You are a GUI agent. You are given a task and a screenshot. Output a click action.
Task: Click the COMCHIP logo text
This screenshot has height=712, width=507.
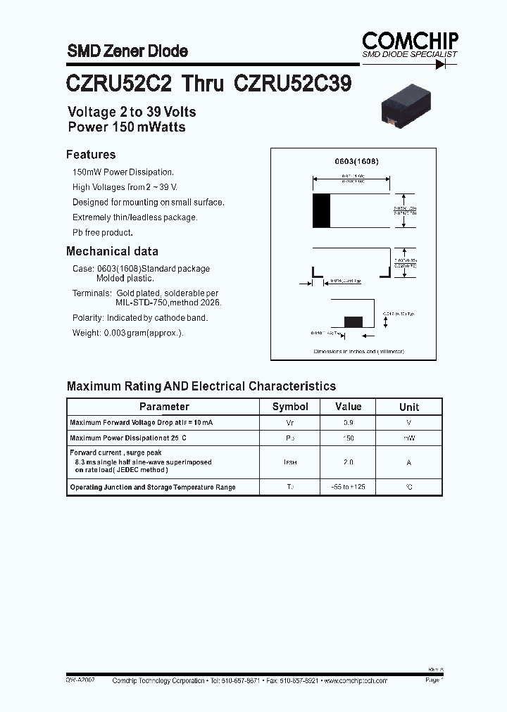coord(411,41)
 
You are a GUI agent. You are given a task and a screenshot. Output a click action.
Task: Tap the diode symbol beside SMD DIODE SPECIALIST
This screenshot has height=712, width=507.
coord(441,63)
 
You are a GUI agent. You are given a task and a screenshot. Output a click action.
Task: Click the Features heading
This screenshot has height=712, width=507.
coord(91,155)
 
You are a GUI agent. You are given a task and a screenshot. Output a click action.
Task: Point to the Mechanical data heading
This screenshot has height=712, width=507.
coord(112,251)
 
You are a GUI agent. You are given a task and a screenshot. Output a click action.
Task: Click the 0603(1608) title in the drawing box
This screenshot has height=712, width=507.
coord(356,161)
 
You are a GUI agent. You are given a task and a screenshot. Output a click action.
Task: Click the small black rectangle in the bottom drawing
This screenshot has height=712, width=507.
coord(353,322)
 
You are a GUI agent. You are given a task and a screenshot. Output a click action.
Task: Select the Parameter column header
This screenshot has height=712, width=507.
coord(164,407)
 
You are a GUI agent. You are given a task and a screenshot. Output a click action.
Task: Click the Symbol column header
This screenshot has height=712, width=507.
coord(290,407)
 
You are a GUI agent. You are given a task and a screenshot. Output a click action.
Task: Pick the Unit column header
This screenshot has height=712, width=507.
coord(409,407)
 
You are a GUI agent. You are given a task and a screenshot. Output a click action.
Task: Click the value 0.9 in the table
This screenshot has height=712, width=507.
coord(349,423)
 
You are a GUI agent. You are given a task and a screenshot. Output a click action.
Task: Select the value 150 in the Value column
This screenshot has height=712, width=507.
coord(349,438)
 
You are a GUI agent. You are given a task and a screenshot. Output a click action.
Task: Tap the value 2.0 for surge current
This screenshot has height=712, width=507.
coord(349,462)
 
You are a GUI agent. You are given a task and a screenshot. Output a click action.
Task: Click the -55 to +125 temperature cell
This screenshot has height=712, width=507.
coord(349,487)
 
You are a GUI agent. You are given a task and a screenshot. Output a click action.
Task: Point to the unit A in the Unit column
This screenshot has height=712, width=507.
coord(409,462)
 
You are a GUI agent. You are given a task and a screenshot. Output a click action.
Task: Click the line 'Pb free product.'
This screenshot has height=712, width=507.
coord(103,232)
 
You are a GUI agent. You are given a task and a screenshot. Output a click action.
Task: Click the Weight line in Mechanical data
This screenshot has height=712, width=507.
coord(127,333)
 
